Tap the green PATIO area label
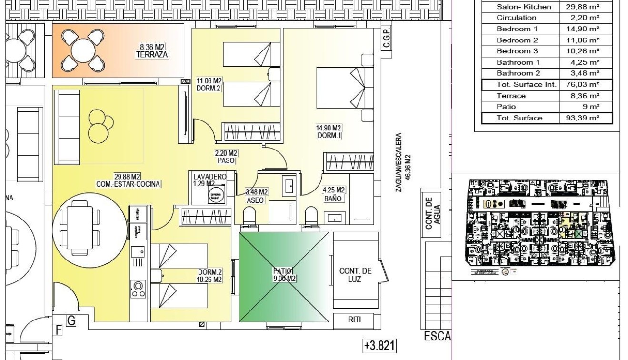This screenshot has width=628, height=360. pos(284,275)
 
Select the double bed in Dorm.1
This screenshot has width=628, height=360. pos(343,89)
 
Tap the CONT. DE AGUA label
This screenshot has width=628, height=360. pos(432,214)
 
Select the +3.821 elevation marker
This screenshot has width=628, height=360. pos(379,345)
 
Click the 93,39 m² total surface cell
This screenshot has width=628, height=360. pos(585,118)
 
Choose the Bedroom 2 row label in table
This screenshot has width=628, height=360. pos(517,40)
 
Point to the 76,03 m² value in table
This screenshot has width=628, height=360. pos(585,85)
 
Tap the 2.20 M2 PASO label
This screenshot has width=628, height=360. pos(226,157)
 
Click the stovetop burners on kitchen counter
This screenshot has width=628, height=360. pos(139,289)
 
